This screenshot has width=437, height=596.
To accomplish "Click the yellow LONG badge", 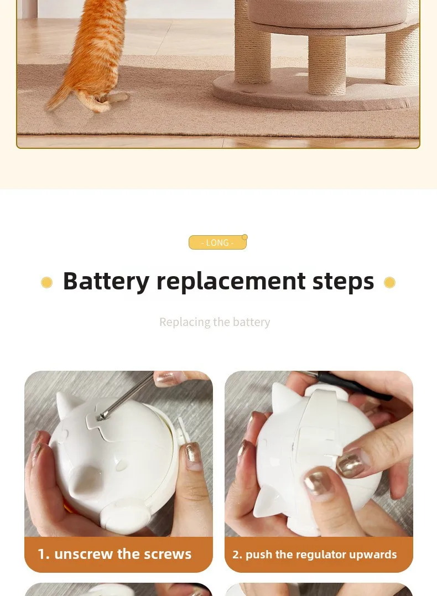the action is pos(217,242).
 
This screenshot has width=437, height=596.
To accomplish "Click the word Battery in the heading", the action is pos(106,282).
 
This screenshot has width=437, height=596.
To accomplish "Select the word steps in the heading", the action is pos(343,282).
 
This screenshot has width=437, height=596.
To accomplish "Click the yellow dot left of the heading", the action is pos(46,282).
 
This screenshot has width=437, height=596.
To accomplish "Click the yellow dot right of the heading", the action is pos(389,282).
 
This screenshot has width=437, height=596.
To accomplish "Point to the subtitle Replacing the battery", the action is pos(215,322).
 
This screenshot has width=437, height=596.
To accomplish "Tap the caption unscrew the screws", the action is pos(123,554).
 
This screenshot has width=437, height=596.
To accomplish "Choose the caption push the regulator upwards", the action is pos(321,554).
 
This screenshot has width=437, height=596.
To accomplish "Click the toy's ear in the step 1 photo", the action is pos(67,405).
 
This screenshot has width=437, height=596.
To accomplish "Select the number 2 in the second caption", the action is pos(237,554).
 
